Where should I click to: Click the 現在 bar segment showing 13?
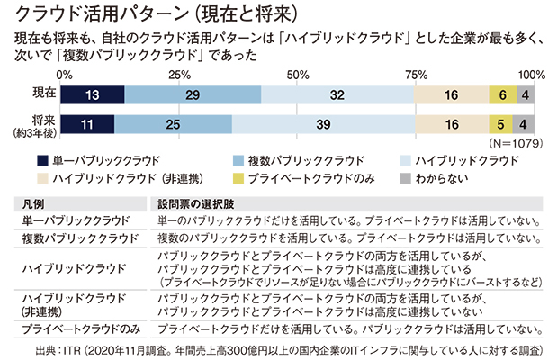[93, 94]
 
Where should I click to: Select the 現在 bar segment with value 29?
[193, 94]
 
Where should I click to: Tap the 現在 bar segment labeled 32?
[337, 94]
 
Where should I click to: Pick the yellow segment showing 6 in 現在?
[501, 94]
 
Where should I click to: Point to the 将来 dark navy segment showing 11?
[88, 125]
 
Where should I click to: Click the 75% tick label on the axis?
[416, 74]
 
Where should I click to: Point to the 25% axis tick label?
[179, 74]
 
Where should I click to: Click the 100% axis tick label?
[532, 74]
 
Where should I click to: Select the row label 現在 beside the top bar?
[43, 94]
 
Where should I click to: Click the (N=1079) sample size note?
[511, 143]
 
